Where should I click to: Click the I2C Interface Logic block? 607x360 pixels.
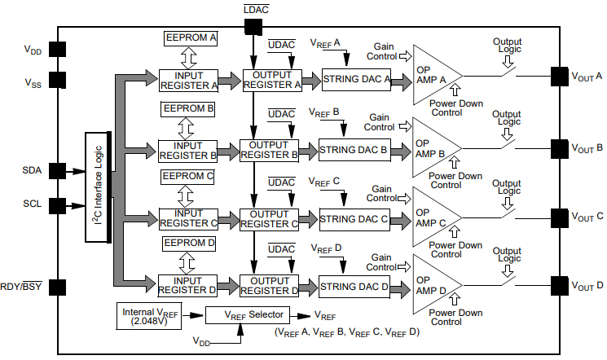tap(99, 187)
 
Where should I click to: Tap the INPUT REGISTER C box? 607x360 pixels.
tap(187, 218)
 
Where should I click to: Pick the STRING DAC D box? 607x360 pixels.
tap(354, 286)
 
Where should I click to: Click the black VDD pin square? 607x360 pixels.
tap(57, 49)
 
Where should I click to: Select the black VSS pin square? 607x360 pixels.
tap(57, 80)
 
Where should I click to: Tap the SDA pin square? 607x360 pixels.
tap(57, 170)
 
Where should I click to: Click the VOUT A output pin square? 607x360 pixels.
tap(560, 76)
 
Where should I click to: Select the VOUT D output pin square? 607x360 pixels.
tap(560, 285)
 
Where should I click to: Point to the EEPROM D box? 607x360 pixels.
tap(190, 243)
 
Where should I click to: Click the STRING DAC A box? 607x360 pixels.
tap(357, 79)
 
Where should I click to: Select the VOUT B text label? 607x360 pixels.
tap(586, 148)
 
